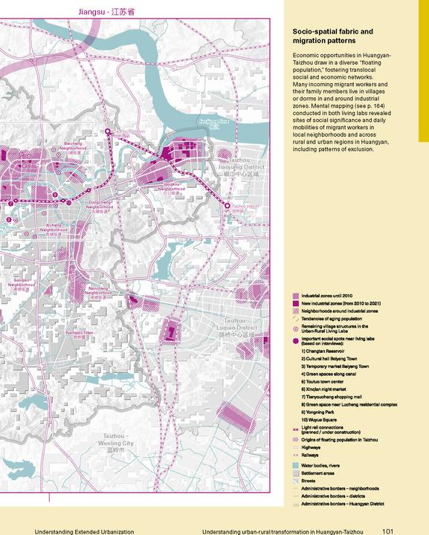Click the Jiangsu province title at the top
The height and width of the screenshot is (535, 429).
[x=100, y=13]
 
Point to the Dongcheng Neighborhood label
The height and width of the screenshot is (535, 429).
[x=102, y=204]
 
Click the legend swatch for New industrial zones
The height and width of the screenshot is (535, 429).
[x=296, y=303]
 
